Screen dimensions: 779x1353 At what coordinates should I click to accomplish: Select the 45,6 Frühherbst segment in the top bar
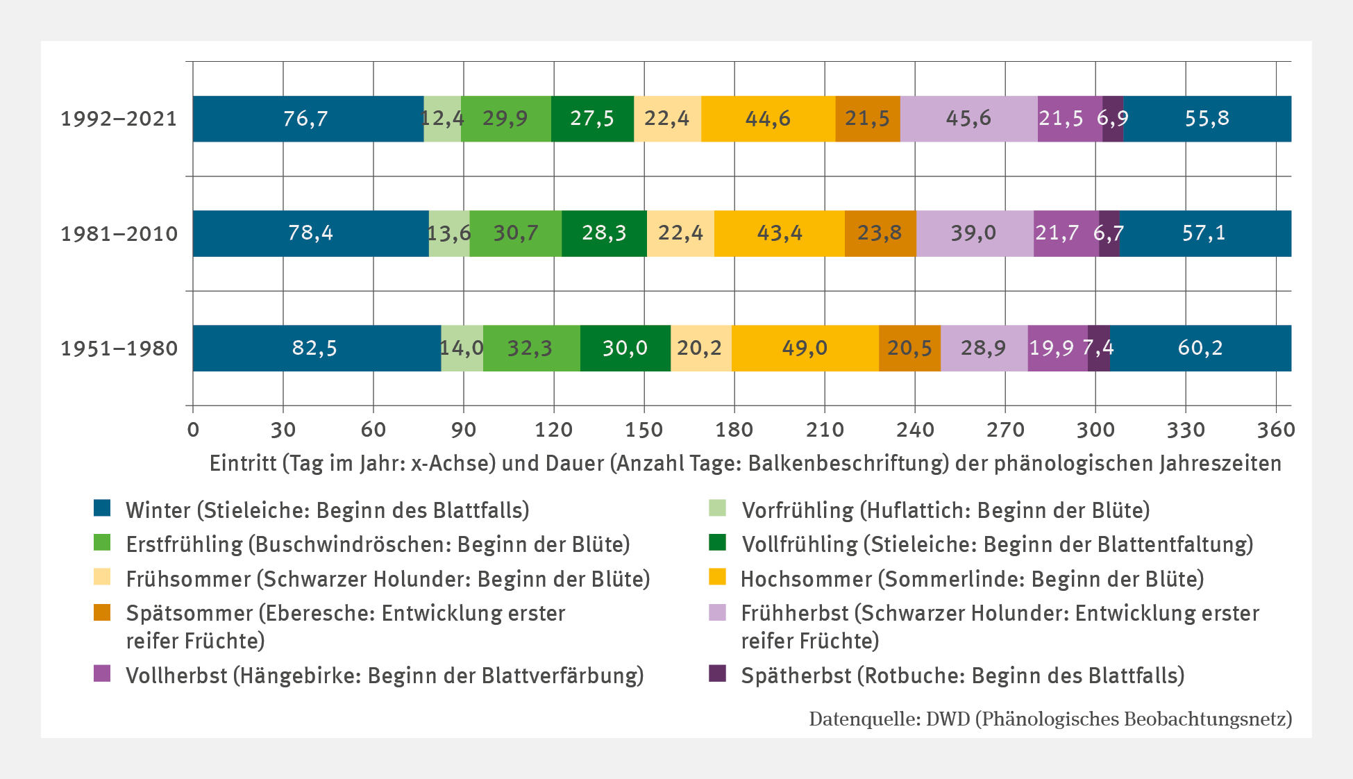968,119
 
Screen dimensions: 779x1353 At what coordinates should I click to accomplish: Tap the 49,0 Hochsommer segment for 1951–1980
805,348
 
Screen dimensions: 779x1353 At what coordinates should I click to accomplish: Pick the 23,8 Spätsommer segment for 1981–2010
880,233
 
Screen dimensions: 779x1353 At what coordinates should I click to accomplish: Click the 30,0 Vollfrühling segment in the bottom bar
625,348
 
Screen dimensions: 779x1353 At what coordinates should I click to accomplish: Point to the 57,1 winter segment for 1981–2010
1204,233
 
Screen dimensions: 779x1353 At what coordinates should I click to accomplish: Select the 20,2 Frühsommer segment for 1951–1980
700,348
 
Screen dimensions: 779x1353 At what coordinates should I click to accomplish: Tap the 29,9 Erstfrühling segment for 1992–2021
505,119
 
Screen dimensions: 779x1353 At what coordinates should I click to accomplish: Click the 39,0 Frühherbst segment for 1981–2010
974,233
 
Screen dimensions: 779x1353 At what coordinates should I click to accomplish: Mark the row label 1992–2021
119,119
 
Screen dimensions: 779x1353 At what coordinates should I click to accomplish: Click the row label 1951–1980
119,348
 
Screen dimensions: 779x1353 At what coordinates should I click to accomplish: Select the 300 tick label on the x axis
1095,430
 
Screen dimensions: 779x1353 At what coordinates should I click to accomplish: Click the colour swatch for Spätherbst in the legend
717,673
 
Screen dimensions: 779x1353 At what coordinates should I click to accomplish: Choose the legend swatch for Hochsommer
717,577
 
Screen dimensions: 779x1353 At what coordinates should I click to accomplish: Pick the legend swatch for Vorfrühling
717,508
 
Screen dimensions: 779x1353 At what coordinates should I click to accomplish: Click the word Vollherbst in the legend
176,676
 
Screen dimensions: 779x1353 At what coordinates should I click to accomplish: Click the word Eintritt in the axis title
243,463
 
